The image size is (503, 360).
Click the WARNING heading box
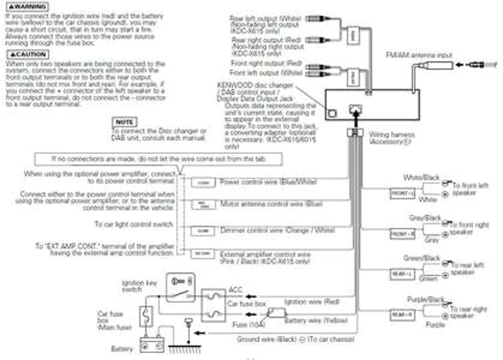click(x=27, y=7)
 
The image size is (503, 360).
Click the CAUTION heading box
click(x=28, y=54)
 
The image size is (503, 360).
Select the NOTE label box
click(x=124, y=122)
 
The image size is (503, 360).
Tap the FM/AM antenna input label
click(x=419, y=55)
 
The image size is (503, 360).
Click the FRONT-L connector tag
click(x=402, y=193)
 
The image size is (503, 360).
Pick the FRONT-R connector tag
click(x=402, y=234)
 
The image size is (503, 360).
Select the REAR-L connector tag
click(x=402, y=274)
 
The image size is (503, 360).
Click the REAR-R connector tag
click(x=402, y=315)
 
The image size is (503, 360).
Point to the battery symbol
click(x=152, y=345)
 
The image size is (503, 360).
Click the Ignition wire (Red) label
click(x=312, y=302)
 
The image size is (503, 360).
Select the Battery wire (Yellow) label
click(x=316, y=320)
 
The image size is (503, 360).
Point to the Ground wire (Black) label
click(x=295, y=339)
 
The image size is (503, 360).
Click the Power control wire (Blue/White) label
click(x=268, y=182)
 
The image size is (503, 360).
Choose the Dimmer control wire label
click(x=278, y=230)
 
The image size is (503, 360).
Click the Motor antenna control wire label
click(x=271, y=204)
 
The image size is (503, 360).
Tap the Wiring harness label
click(x=391, y=138)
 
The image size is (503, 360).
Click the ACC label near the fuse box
click(x=235, y=290)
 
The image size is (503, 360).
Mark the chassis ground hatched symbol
click(x=185, y=350)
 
